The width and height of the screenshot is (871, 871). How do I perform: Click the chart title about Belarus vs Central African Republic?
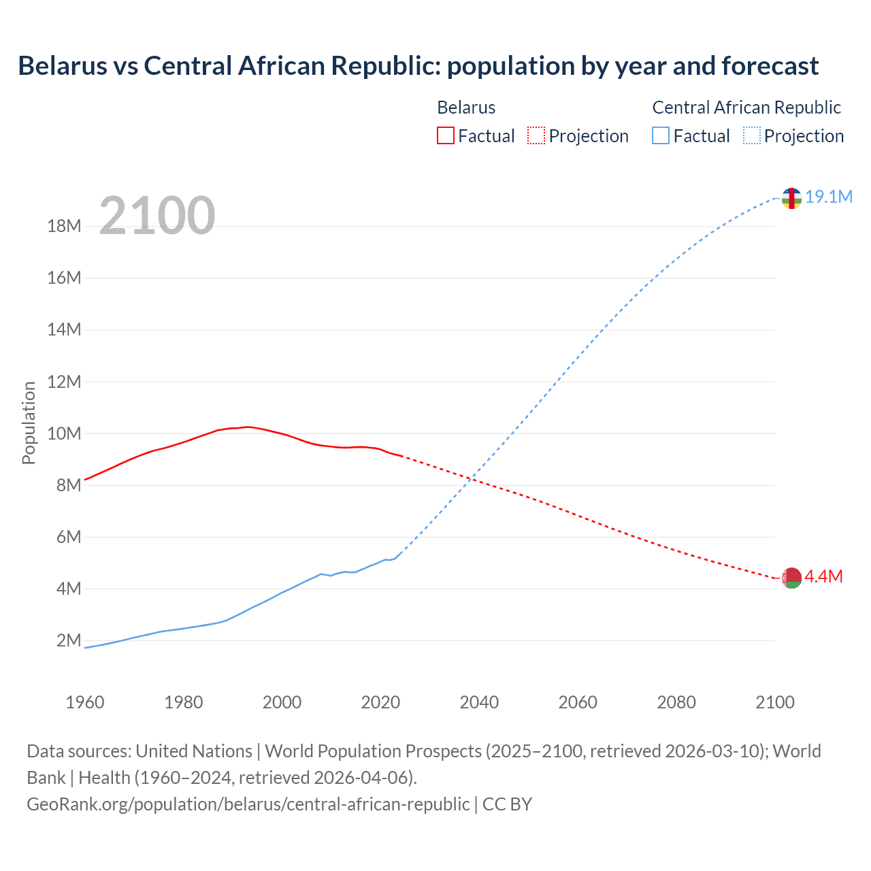pyautogui.click(x=418, y=66)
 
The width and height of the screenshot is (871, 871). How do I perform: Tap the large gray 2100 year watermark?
pyautogui.click(x=157, y=216)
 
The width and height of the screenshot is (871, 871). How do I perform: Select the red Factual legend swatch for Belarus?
pyautogui.click(x=445, y=135)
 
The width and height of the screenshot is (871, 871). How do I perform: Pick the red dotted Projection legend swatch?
pyautogui.click(x=536, y=135)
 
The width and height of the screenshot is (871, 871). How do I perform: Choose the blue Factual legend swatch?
pyautogui.click(x=660, y=135)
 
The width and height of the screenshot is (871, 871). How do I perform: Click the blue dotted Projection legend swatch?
pyautogui.click(x=751, y=135)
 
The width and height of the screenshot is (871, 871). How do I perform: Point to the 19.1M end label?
pyautogui.click(x=829, y=197)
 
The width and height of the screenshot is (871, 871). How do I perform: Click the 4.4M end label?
pyautogui.click(x=824, y=576)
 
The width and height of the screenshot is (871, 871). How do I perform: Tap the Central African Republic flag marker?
pyautogui.click(x=791, y=198)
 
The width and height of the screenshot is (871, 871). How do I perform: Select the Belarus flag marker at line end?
pyautogui.click(x=791, y=578)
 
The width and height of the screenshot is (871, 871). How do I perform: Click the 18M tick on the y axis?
pyautogui.click(x=64, y=226)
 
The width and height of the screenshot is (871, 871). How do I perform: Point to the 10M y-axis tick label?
pyautogui.click(x=64, y=433)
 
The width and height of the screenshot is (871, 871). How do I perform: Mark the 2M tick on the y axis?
pyautogui.click(x=68, y=640)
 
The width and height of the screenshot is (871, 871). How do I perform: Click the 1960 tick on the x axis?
pyautogui.click(x=85, y=702)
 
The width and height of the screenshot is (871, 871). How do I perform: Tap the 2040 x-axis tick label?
pyautogui.click(x=479, y=702)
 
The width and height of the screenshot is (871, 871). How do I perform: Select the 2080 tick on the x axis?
pyautogui.click(x=676, y=702)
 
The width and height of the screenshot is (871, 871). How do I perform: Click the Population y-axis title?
pyautogui.click(x=29, y=423)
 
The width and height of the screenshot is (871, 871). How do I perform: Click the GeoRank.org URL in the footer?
pyautogui.click(x=248, y=804)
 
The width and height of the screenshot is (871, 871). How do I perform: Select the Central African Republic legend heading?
pyautogui.click(x=746, y=108)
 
